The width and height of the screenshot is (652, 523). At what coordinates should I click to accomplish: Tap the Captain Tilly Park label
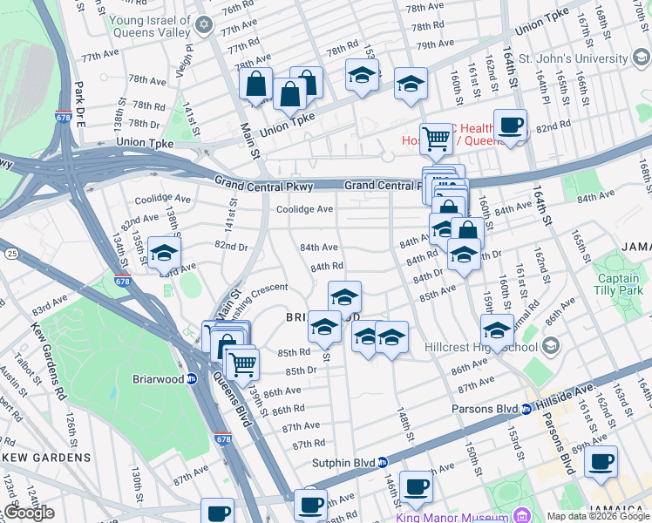[618, 284]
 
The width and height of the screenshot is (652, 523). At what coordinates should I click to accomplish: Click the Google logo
[28, 513]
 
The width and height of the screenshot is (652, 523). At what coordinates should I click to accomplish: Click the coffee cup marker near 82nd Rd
[510, 125]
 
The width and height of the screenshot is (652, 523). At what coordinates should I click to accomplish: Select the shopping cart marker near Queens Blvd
[242, 363]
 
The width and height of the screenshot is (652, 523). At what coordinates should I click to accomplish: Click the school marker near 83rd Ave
[164, 255]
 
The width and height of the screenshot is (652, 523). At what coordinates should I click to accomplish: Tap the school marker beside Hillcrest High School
[497, 330]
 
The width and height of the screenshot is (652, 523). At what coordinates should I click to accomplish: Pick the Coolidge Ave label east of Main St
[304, 209]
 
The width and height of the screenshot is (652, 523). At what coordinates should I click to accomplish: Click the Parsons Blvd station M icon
[526, 409]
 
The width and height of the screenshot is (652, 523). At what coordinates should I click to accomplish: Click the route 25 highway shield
[11, 253]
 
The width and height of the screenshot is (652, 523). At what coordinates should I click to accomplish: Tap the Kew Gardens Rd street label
[50, 350]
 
